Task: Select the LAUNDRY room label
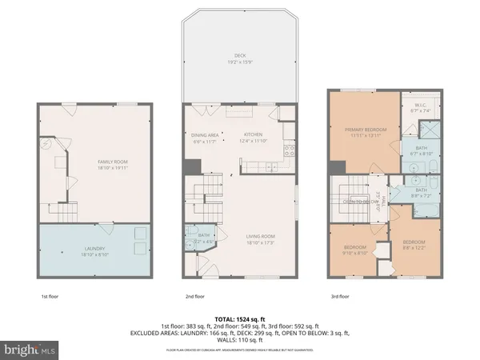tap(94, 248)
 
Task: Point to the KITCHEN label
tap(254, 134)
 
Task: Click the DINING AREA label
tap(204, 134)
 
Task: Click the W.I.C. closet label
tap(419, 104)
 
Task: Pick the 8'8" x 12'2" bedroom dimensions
tap(414, 246)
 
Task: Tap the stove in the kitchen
tap(289, 148)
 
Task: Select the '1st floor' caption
tap(50, 297)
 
